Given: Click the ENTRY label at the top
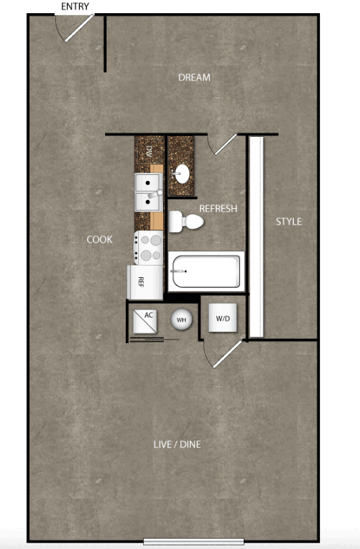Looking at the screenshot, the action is tap(75, 6).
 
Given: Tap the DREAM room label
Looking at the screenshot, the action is tap(194, 77).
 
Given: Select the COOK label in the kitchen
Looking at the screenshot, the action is tap(100, 239).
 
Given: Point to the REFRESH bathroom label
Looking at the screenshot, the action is tap(218, 209).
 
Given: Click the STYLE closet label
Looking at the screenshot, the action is tap(289, 221).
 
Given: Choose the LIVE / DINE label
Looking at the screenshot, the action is tap(177, 445).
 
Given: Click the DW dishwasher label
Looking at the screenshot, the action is tap(149, 151).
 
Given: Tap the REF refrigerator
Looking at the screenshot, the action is tap(145, 282).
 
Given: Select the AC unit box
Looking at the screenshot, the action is tap(145, 322).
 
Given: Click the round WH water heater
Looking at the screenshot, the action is tap(181, 319).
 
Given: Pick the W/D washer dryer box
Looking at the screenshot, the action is tap(222, 317).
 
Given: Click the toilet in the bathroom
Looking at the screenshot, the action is tap(186, 222).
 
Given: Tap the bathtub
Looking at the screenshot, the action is tap(207, 271).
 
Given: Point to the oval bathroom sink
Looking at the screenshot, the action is tap(182, 174).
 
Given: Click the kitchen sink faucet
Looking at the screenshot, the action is tap(155, 194).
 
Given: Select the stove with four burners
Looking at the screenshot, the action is tap(149, 248).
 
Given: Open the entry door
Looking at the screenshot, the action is tap(79, 28).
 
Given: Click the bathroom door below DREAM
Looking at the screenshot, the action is tap(226, 145).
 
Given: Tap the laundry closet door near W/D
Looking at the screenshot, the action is tap(227, 354).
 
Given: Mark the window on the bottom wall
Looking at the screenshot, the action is tap(193, 541).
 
